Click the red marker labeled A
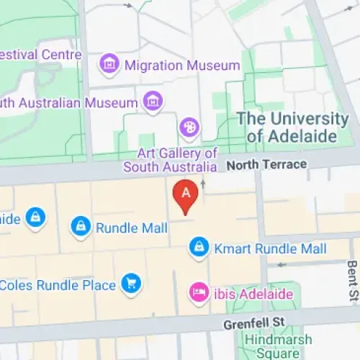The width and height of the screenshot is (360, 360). click(186, 194)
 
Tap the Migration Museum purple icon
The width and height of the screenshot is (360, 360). click(109, 65)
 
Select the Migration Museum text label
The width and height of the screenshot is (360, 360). click(181, 66)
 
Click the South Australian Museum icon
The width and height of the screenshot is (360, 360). click(153, 102)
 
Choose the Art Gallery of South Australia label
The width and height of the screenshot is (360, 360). click(170, 160)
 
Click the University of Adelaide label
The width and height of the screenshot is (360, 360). click(294, 127)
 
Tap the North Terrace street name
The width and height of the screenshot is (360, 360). click(266, 165)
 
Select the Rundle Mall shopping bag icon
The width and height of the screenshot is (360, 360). click(81, 228)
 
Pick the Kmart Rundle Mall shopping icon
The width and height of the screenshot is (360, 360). click(199, 248)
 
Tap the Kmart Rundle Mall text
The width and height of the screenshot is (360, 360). click(270, 249)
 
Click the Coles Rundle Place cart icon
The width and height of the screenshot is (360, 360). click(130, 284)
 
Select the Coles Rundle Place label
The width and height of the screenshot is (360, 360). click(58, 285)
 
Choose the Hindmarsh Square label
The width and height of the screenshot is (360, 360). click(278, 346)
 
